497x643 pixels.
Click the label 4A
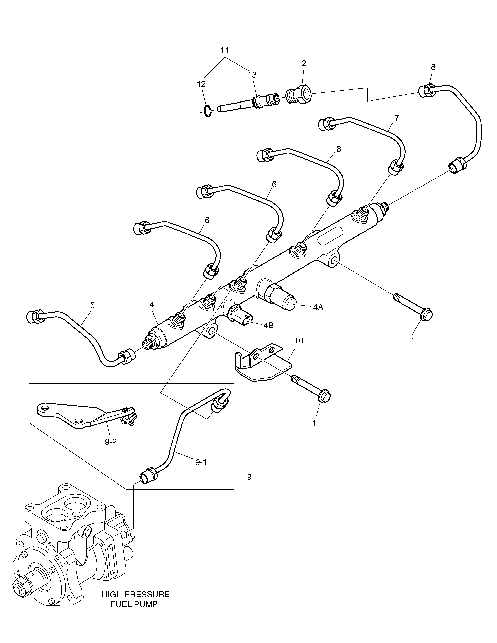pos(318,307)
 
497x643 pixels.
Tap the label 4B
pos(269,325)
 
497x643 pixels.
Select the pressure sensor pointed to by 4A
pos(276,296)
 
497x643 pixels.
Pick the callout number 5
pos(92,305)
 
